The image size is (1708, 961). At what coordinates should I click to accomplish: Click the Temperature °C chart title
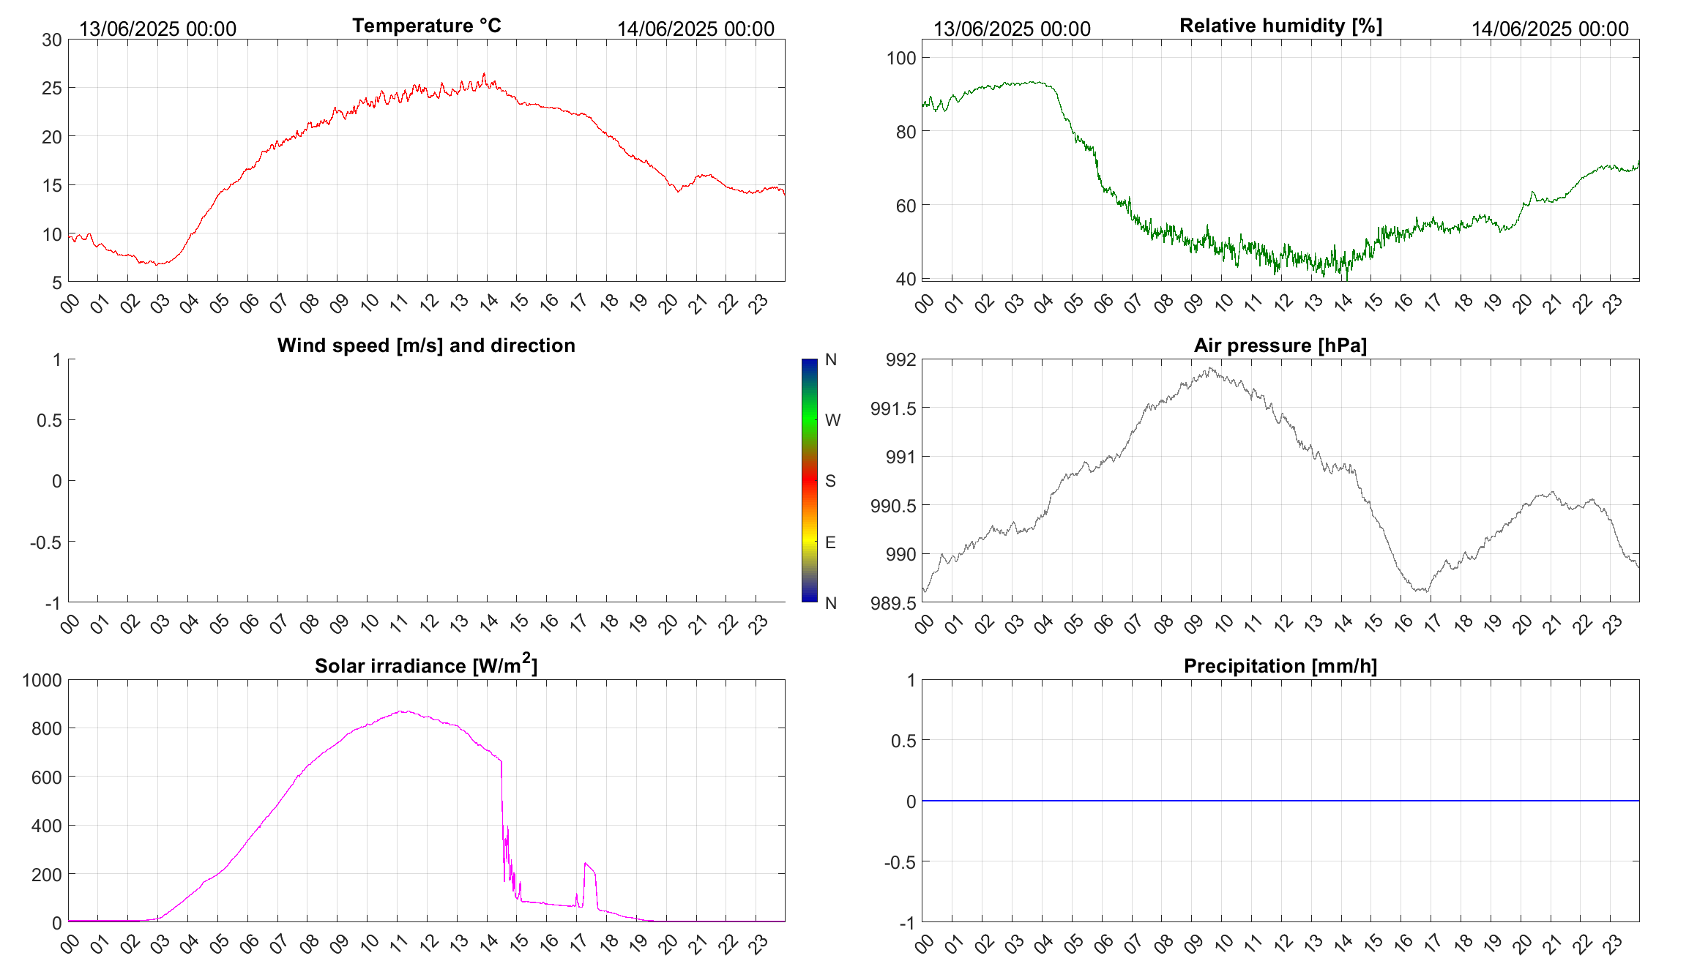[x=426, y=26]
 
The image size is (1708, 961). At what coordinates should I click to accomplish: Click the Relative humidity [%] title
[x=1280, y=26]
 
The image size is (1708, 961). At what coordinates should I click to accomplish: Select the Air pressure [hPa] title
[x=1280, y=345]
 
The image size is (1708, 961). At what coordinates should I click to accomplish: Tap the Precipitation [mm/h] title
[x=1280, y=666]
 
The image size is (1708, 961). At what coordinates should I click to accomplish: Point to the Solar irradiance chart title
[x=426, y=665]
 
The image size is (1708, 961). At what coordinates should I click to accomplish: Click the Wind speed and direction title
[x=426, y=345]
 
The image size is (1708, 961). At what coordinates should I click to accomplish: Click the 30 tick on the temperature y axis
[x=52, y=40]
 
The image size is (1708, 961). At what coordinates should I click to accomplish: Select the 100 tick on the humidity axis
[x=901, y=58]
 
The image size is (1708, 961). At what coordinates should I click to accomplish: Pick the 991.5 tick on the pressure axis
[x=893, y=408]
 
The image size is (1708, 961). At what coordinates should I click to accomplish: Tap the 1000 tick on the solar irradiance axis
[x=42, y=680]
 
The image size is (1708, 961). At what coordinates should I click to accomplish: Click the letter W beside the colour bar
[x=832, y=420]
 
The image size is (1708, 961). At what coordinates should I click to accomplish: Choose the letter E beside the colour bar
[x=830, y=542]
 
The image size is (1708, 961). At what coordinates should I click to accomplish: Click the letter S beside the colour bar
[x=830, y=481]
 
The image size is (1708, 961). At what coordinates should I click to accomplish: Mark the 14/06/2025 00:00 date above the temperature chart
[x=695, y=29]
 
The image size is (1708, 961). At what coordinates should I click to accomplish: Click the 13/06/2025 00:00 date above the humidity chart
[x=1012, y=29]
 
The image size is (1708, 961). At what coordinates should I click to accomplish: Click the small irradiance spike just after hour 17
[x=585, y=864]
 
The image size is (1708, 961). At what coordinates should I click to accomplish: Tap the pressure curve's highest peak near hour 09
[x=1210, y=368]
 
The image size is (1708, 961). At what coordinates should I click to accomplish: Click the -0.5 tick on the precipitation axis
[x=900, y=862]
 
